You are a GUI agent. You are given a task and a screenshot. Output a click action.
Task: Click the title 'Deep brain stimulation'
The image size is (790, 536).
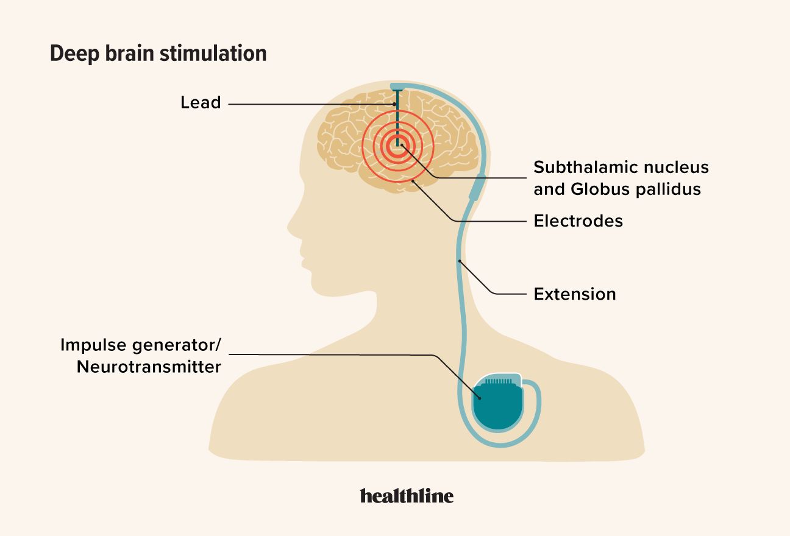[x=158, y=54]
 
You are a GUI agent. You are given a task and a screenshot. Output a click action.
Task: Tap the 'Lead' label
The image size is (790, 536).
[x=201, y=102]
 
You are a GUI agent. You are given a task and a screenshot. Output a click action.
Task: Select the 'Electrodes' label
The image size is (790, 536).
[x=578, y=220]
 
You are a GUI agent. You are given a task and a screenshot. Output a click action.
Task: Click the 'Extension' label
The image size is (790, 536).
[x=574, y=294]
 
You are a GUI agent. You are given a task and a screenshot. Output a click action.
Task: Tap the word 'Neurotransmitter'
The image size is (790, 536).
[x=149, y=367]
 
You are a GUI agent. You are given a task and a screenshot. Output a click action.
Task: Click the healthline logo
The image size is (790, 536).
[x=407, y=496]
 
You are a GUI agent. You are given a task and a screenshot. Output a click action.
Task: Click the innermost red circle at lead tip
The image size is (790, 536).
[x=397, y=147]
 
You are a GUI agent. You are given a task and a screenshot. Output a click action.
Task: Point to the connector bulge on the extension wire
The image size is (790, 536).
[x=477, y=188]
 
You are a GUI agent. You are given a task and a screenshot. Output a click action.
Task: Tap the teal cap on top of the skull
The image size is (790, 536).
[x=399, y=86]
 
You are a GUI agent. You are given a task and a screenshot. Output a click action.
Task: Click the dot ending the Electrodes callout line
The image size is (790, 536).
[x=413, y=181]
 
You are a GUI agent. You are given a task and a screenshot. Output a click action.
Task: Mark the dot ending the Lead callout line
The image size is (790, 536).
[x=395, y=105]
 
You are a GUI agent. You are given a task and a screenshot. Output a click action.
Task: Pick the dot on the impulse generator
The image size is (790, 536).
[x=480, y=398]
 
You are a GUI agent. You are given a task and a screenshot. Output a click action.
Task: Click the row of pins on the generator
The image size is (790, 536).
[x=498, y=381]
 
